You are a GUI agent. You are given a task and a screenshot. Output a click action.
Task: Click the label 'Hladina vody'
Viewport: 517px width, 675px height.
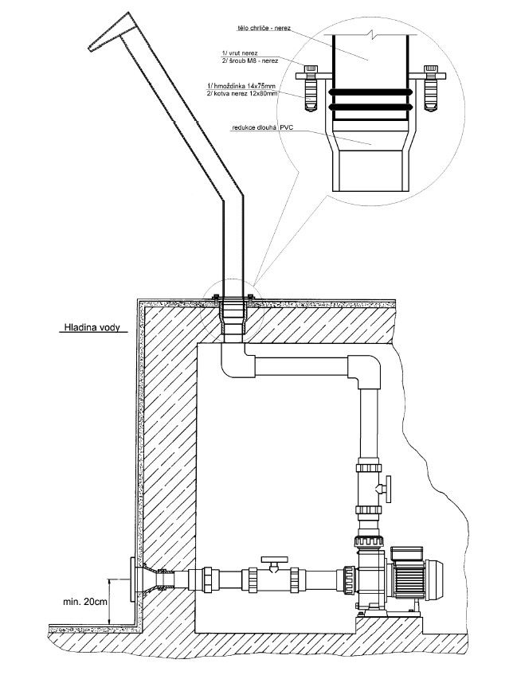point(89,326)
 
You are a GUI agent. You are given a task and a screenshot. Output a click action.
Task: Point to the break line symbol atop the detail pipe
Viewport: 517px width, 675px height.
point(371,36)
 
